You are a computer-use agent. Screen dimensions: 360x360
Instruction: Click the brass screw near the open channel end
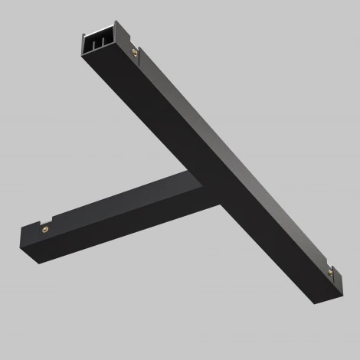coord(135,53)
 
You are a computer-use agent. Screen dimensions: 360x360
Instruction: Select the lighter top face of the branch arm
coord(115,199)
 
